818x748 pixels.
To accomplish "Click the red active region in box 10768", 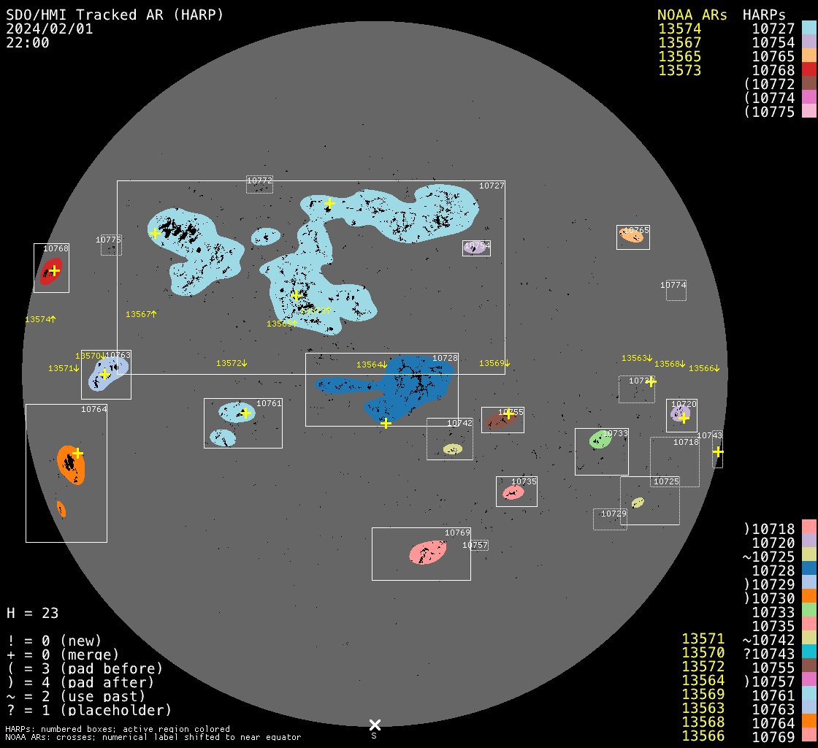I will point(50,270).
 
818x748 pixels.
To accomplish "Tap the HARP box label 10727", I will point(492,186).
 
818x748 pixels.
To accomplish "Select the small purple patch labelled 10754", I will point(475,248).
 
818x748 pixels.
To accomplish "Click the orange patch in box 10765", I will point(631,234).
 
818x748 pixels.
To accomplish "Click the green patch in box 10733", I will point(600,440).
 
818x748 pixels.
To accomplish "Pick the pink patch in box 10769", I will point(428,552).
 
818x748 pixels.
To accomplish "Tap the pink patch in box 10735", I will point(513,493).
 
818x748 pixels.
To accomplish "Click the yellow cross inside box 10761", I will point(245,413).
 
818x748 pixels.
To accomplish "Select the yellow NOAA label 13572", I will point(232,363).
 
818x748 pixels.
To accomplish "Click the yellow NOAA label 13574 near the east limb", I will point(40,319).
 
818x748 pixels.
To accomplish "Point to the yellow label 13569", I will point(494,363).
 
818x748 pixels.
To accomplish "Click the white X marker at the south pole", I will point(375,725).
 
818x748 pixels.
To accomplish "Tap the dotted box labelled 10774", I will point(676,291).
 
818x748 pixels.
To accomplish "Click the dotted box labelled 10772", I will point(259,184).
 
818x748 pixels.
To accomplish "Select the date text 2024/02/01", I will point(50,29).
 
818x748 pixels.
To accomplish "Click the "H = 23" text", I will point(32,613).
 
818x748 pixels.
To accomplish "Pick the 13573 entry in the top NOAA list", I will point(679,70).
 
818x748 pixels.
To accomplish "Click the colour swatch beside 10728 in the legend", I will point(809,570).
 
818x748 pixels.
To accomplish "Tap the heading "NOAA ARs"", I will point(692,15).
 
